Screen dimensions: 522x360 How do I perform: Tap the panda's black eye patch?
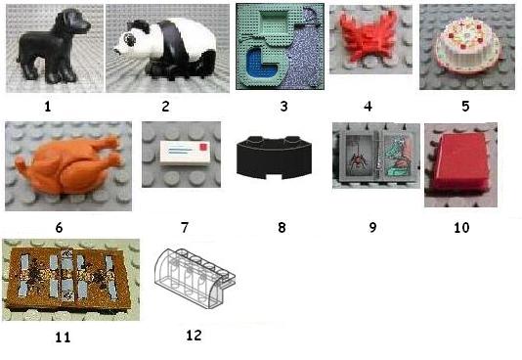(129, 40)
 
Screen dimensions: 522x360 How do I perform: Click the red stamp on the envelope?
(203, 147)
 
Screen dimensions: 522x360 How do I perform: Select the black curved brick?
(274, 157)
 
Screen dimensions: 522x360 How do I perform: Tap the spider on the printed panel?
(358, 159)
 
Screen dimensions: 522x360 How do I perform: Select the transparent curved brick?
(195, 277)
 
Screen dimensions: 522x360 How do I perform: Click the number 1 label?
(48, 107)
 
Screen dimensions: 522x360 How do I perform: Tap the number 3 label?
(283, 107)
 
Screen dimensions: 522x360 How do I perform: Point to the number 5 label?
(465, 107)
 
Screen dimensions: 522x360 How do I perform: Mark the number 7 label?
(185, 228)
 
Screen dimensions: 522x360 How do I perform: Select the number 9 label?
(372, 228)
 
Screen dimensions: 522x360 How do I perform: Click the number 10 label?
(461, 228)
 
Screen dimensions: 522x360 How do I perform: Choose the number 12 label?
(194, 335)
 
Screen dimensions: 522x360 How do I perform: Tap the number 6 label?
(59, 228)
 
